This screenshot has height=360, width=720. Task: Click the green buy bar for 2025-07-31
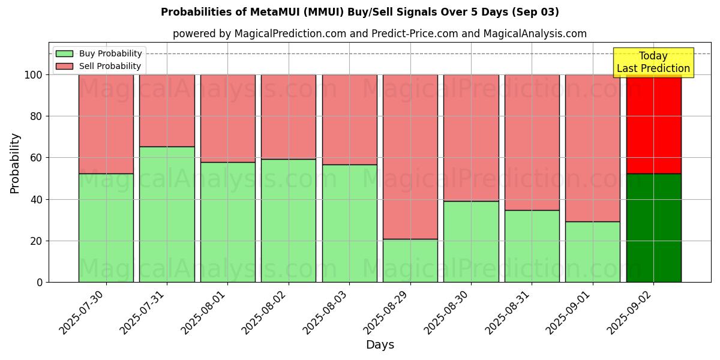click(167, 214)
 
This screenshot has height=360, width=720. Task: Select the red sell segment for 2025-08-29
click(410, 157)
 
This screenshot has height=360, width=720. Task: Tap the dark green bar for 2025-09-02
click(653, 228)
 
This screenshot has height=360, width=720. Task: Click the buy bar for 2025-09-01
click(593, 252)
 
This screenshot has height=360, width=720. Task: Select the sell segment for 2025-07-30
click(106, 124)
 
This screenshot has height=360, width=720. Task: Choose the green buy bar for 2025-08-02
click(289, 220)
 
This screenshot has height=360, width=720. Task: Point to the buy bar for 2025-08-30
click(471, 241)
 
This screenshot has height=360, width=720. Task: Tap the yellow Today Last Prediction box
click(653, 62)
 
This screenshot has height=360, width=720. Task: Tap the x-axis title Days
click(380, 345)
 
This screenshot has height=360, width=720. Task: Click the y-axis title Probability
click(15, 163)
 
